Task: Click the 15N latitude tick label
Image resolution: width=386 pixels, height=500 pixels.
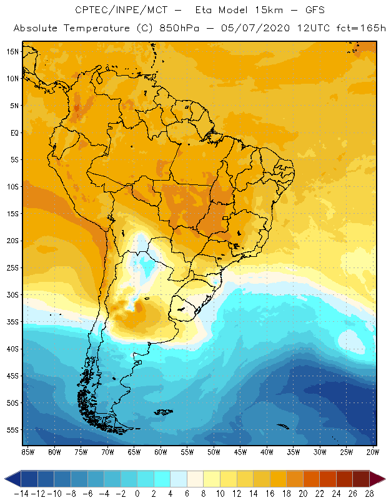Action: pyautogui.click(x=13, y=51)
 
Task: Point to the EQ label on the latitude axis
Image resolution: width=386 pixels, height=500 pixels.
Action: pyautogui.click(x=14, y=132)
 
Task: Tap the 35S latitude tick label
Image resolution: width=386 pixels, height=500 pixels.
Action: pyautogui.click(x=13, y=322)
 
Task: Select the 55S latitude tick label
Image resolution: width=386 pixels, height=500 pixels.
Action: pyautogui.click(x=13, y=430)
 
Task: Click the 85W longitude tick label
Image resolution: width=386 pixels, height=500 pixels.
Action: pyautogui.click(x=27, y=451)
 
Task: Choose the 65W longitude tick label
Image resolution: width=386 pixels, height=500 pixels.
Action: pyautogui.click(x=134, y=451)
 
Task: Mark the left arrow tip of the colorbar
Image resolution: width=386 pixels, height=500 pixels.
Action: pyautogui.click(x=6, y=479)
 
